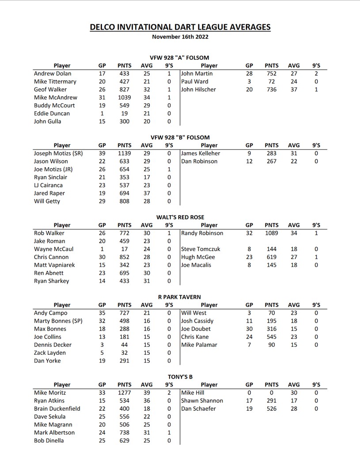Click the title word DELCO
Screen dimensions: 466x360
point(103,27)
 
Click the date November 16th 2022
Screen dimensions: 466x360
point(180,37)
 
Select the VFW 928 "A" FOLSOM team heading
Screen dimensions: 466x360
point(180,57)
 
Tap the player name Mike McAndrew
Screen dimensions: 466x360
point(55,98)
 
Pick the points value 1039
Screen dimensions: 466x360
point(124,98)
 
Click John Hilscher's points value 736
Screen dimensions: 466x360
point(272,90)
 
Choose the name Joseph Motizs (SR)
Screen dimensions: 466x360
point(58,154)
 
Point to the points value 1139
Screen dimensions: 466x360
point(124,154)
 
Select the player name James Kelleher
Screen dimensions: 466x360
point(201,154)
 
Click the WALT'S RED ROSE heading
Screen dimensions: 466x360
point(180,217)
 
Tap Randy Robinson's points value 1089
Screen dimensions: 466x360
point(272,233)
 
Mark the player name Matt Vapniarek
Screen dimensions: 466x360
point(54,265)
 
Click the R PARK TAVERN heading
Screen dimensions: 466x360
point(180,297)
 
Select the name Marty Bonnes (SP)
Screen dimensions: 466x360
point(58,321)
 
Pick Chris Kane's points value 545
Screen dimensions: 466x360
point(272,337)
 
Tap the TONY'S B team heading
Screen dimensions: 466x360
point(180,377)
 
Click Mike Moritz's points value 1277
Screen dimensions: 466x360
point(124,393)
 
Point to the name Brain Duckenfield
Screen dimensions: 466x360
point(57,409)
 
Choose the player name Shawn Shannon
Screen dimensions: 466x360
point(202,401)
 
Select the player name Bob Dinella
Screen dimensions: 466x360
point(49,440)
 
